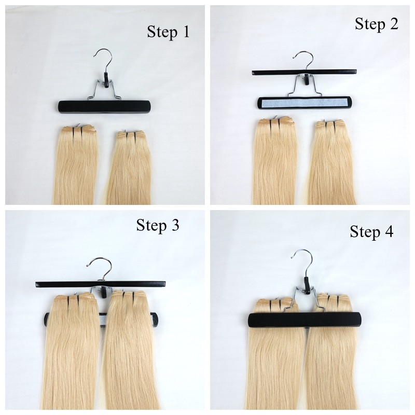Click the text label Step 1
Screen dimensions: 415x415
click(168, 32)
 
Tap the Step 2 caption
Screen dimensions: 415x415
click(377, 24)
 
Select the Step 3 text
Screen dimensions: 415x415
click(158, 226)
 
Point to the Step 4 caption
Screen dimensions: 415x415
click(371, 232)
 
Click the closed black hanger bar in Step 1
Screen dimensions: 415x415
click(104, 107)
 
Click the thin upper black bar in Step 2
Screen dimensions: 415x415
click(305, 72)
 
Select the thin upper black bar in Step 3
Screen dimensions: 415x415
click(101, 284)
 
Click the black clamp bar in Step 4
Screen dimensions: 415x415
click(305, 320)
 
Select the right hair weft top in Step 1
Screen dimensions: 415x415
click(131, 135)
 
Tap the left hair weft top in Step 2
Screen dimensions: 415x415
click(276, 122)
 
